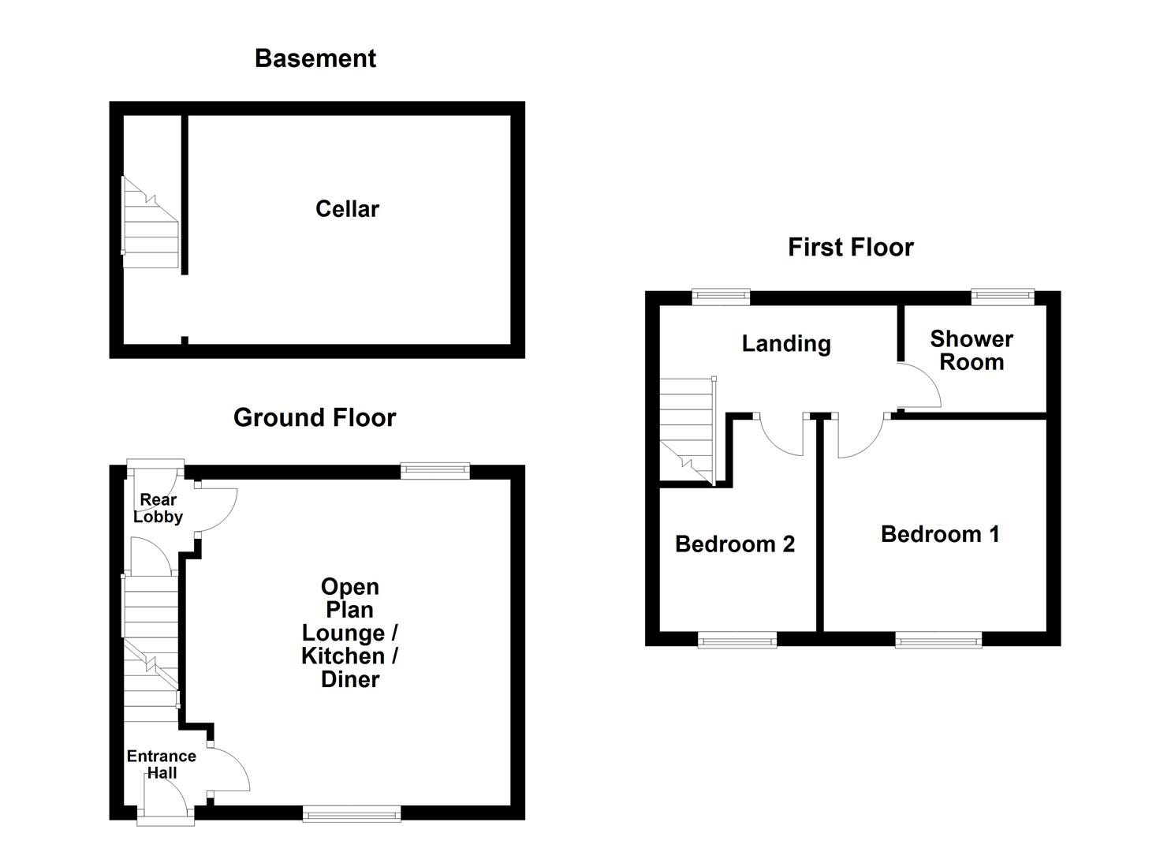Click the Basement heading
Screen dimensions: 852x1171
click(315, 58)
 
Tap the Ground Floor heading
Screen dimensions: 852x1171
click(315, 417)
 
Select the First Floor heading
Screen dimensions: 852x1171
click(850, 247)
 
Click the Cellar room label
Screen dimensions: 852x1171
click(347, 209)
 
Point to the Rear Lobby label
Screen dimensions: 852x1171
click(158, 509)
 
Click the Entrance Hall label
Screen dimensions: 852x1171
click(162, 764)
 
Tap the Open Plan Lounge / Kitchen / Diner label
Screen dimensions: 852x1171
click(350, 633)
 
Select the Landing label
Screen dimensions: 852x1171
click(786, 344)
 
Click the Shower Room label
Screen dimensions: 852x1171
click(971, 350)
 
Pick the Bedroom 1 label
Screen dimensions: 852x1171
click(940, 534)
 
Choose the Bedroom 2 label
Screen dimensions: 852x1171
click(735, 544)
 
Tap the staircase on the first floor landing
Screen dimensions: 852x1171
click(687, 430)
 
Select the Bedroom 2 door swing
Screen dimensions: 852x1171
click(783, 435)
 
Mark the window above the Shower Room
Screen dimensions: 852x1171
click(1002, 297)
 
